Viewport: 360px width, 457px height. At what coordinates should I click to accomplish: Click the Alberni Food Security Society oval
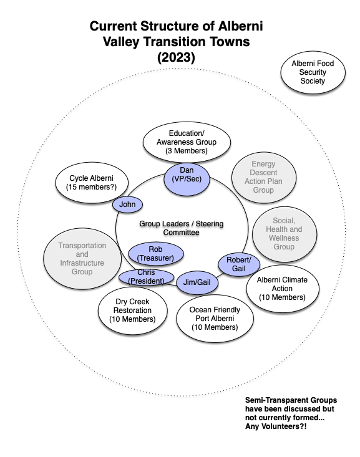click(x=313, y=72)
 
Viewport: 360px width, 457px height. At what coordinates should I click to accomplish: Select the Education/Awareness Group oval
click(x=187, y=142)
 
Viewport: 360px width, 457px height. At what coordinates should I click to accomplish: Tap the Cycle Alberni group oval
click(x=92, y=183)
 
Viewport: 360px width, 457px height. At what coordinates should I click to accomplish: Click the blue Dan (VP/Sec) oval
click(x=187, y=179)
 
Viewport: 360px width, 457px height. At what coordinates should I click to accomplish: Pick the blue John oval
click(x=127, y=204)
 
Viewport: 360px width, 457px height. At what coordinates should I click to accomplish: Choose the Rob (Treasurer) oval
click(x=156, y=254)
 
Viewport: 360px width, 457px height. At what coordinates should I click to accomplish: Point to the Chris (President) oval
click(x=146, y=277)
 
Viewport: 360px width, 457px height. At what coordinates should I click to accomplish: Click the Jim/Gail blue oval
click(x=197, y=282)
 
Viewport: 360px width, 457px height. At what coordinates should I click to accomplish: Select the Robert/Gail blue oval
click(x=238, y=264)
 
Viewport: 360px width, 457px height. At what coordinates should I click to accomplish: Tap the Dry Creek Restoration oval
click(x=132, y=310)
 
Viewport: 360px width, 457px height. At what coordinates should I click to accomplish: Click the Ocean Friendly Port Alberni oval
click(x=215, y=319)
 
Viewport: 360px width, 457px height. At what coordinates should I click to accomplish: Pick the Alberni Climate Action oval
click(x=283, y=289)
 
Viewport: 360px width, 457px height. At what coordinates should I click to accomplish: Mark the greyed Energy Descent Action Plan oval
click(x=264, y=177)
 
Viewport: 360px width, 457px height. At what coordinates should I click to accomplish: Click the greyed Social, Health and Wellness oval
click(x=284, y=234)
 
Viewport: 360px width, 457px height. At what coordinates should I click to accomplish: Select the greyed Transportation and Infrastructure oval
click(x=82, y=259)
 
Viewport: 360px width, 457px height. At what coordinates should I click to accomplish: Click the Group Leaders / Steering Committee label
click(x=181, y=228)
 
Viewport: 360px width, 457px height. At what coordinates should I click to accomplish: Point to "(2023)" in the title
click(x=176, y=57)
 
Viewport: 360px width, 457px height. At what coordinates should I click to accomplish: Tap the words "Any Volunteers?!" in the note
click(x=276, y=426)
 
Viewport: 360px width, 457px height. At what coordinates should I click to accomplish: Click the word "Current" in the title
click(x=114, y=26)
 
